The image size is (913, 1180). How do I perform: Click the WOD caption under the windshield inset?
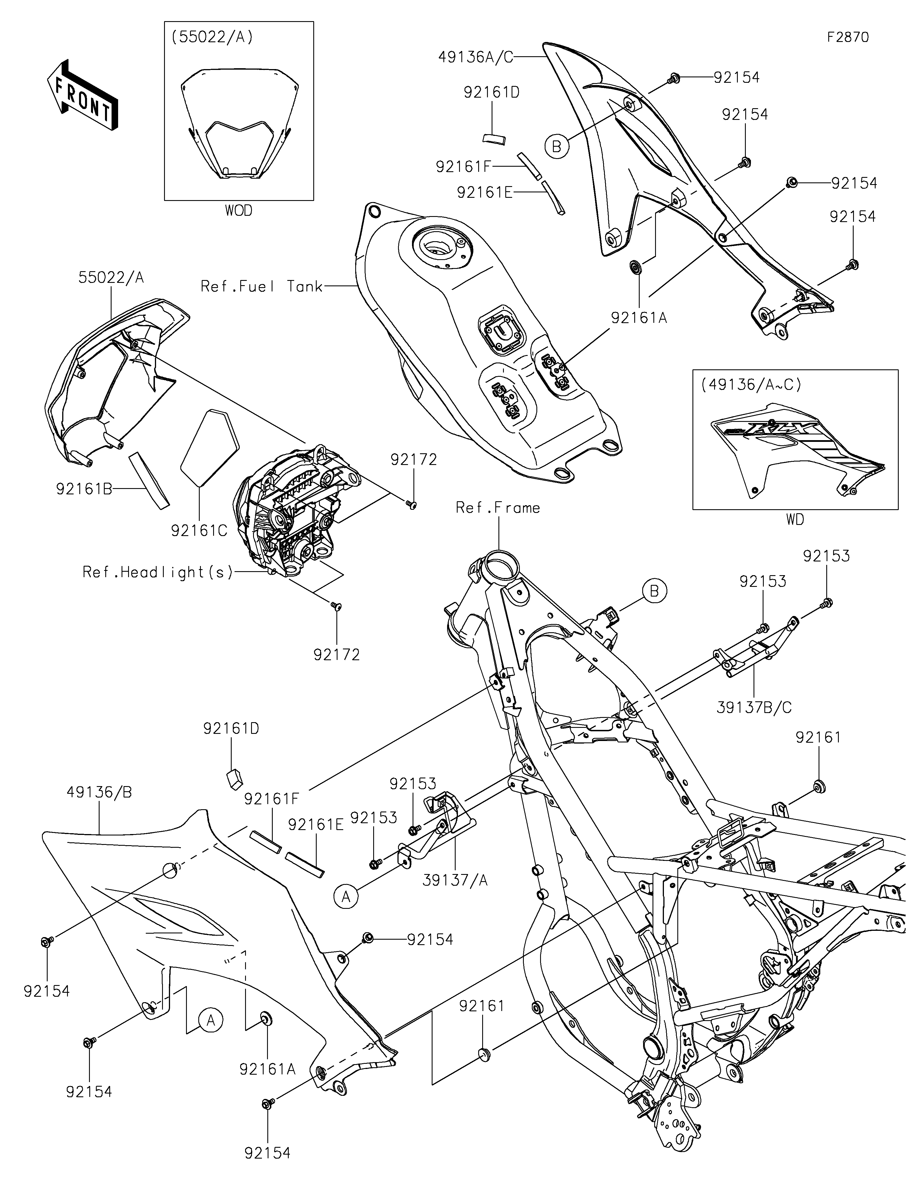(x=239, y=210)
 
